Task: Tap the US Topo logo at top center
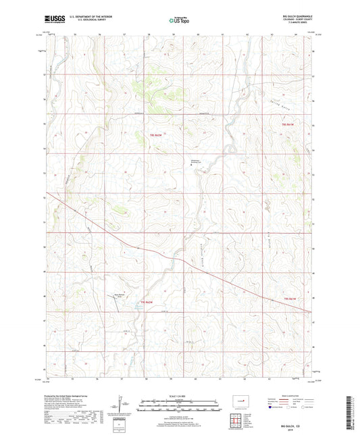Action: [179, 20]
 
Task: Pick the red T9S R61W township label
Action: [290, 298]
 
